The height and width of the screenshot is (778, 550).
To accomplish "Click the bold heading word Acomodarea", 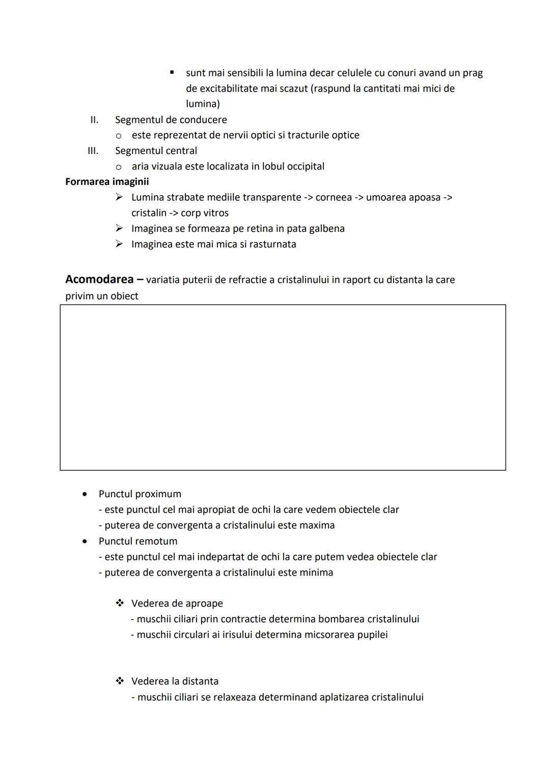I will (100, 279).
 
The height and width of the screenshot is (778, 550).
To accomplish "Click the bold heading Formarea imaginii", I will (107, 181).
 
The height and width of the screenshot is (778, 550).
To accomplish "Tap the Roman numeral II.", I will (94, 120).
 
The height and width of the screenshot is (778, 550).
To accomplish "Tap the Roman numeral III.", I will (93, 151).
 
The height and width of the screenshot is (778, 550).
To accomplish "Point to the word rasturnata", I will (272, 244).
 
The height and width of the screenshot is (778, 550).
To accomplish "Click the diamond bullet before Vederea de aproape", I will (120, 603).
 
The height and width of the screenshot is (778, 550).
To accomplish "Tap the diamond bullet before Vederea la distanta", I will (120, 681).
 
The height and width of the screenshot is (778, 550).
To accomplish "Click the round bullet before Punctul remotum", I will (85, 541).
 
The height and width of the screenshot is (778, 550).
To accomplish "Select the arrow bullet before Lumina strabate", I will (119, 197).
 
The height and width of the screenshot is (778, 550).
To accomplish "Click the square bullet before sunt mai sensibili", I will (172, 73).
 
